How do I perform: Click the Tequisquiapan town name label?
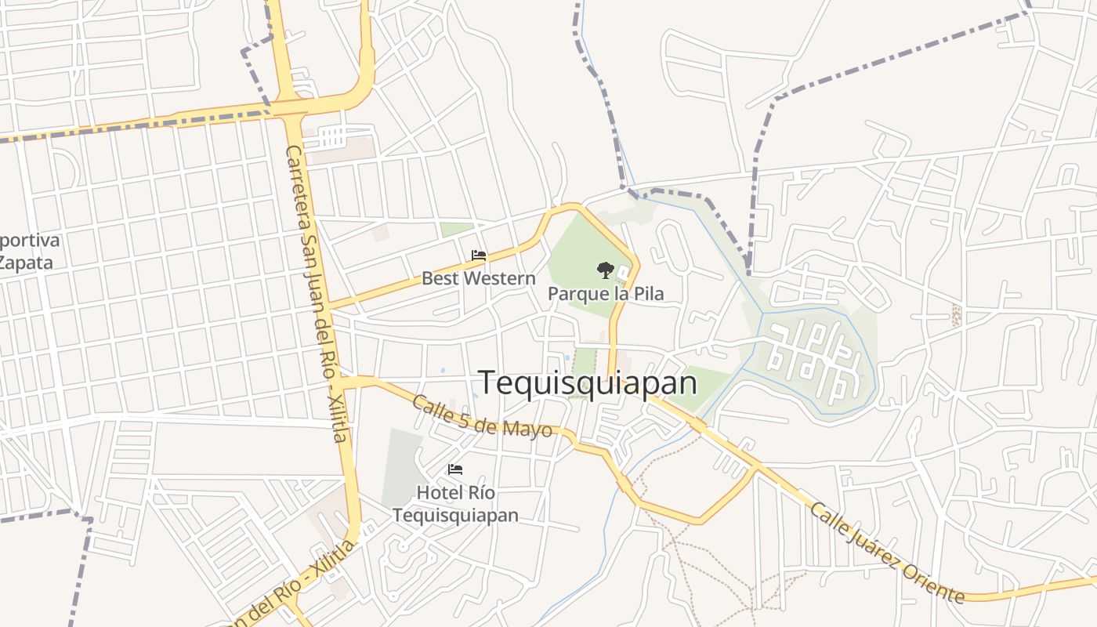tap(588, 383)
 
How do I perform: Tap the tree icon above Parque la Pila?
tap(604, 270)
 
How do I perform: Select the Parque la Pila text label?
tap(606, 294)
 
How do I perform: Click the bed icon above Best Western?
tap(479, 256)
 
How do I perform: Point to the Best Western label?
tap(479, 278)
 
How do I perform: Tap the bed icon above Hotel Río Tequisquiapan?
tap(455, 469)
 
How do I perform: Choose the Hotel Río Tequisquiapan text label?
tap(455, 504)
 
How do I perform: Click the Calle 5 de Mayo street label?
tap(481, 416)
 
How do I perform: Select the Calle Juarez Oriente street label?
tap(886, 553)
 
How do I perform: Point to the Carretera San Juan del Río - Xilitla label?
tap(316, 293)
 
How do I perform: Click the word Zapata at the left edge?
tap(26, 263)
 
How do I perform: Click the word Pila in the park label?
tap(648, 294)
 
